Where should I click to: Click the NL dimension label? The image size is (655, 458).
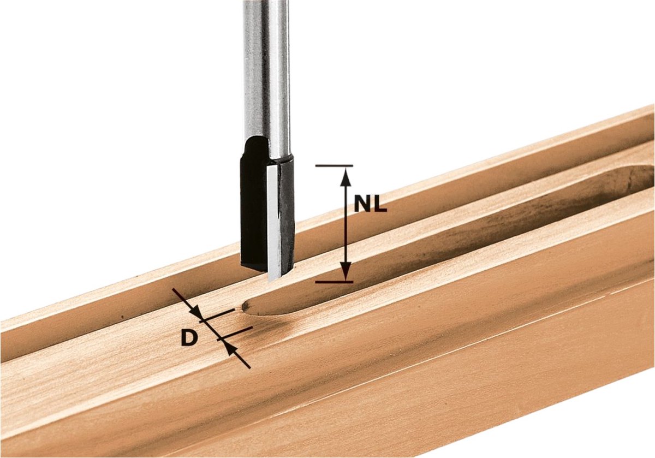pos(371,204)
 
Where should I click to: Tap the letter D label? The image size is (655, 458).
pos(189,337)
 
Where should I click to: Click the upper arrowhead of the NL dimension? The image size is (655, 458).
pos(346,178)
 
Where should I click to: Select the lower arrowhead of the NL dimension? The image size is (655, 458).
pos(346,271)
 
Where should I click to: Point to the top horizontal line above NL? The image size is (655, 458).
pos(334,166)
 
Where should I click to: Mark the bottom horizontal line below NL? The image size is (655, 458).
pos(334,282)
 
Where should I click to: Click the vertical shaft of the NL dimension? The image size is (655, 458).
pos(346,224)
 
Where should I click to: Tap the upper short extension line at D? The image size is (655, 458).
pos(217,316)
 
